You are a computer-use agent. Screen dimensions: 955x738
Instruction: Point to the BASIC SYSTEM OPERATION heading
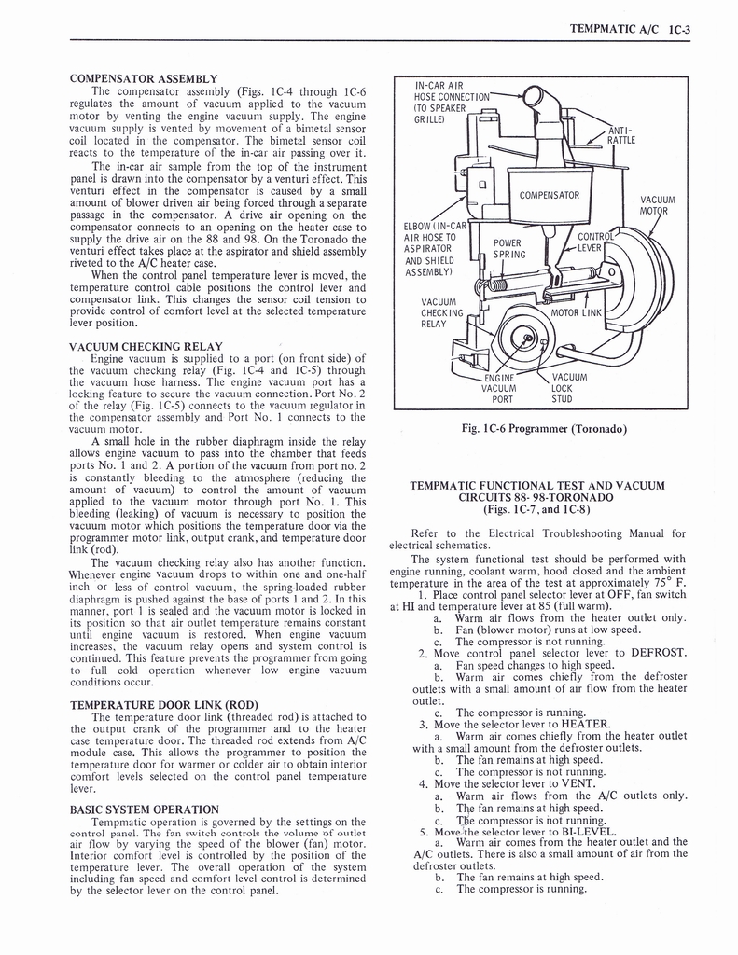[144, 809]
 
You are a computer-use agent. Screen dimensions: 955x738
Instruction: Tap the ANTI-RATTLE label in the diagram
[620, 135]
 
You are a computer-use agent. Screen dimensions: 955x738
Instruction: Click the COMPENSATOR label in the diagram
[549, 196]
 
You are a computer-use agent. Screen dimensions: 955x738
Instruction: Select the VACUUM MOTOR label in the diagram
[658, 205]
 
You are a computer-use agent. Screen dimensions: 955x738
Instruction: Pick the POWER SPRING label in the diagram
[508, 248]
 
